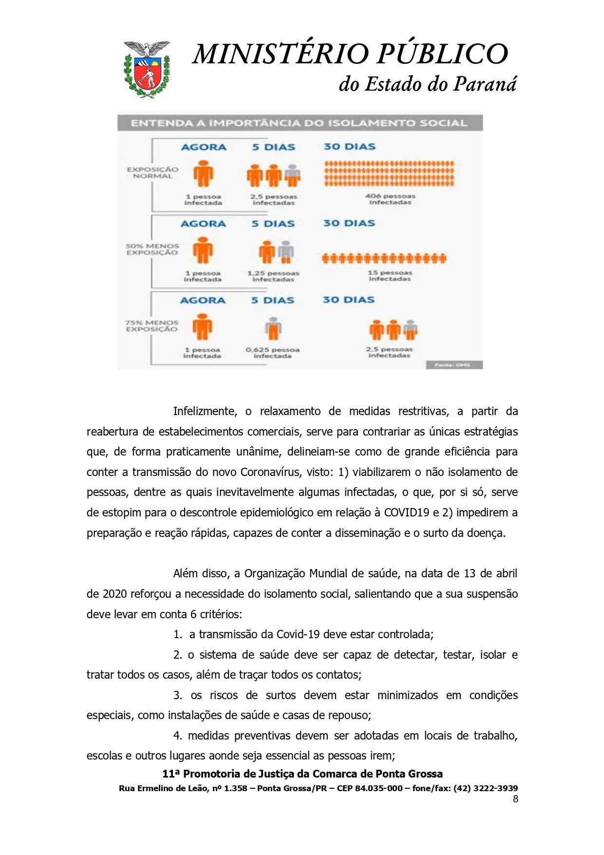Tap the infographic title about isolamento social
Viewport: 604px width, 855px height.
pos(299,123)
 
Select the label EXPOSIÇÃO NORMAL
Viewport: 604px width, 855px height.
pos(152,173)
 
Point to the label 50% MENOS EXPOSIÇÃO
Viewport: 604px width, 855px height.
pos(152,249)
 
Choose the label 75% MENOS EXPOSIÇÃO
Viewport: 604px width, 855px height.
pos(151,326)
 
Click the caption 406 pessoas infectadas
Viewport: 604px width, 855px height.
pos(390,199)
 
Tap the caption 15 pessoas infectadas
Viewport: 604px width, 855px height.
pos(390,276)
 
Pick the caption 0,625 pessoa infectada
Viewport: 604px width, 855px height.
pos(272,353)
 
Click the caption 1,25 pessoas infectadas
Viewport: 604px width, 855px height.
pos(273,276)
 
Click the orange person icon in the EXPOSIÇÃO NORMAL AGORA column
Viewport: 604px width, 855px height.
pos(204,173)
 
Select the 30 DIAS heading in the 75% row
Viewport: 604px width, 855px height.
pos(348,300)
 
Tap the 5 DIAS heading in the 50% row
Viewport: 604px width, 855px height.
pos(273,224)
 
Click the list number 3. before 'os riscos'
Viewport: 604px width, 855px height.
pos(178,695)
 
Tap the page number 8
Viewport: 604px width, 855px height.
pos(515,798)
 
